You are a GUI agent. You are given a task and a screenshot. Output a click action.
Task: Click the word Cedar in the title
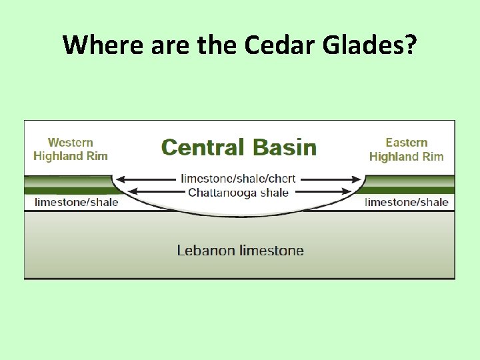click(x=272, y=45)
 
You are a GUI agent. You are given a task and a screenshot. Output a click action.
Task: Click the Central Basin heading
click(x=239, y=147)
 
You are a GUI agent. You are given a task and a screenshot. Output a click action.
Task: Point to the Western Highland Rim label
click(x=71, y=149)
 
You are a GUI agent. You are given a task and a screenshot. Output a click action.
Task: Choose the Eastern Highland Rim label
click(x=406, y=149)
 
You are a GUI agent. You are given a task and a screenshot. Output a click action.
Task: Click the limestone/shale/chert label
click(x=238, y=179)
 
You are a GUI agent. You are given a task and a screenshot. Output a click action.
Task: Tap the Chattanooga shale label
click(x=238, y=193)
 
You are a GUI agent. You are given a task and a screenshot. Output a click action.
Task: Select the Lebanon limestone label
click(x=240, y=251)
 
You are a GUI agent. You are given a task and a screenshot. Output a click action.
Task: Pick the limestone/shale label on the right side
click(x=407, y=202)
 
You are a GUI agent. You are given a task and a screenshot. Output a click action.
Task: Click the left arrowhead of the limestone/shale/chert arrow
click(x=121, y=179)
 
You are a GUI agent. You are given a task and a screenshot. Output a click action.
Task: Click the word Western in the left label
click(x=71, y=143)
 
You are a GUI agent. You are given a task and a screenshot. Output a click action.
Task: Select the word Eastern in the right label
click(x=406, y=143)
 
